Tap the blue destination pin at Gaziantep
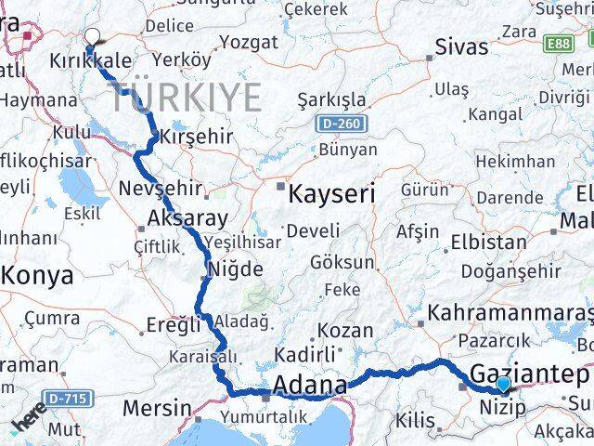[x=502, y=384]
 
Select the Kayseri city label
[x=331, y=194]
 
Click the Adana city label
[x=310, y=385]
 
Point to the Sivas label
[x=461, y=47]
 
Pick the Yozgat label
[x=248, y=42]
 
